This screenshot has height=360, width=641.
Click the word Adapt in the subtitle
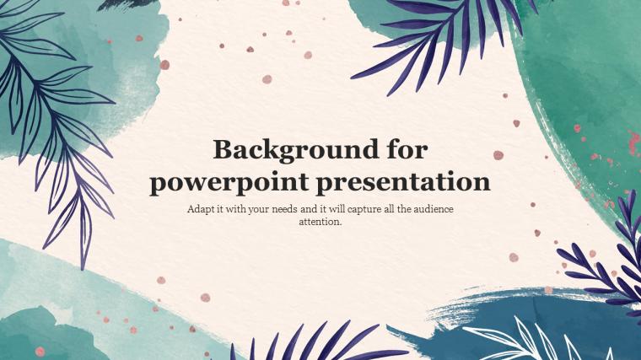[200, 209]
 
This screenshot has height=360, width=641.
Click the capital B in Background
[222, 150]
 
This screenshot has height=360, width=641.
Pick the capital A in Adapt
[191, 209]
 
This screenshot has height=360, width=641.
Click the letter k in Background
[267, 150]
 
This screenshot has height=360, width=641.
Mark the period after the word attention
[341, 224]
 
